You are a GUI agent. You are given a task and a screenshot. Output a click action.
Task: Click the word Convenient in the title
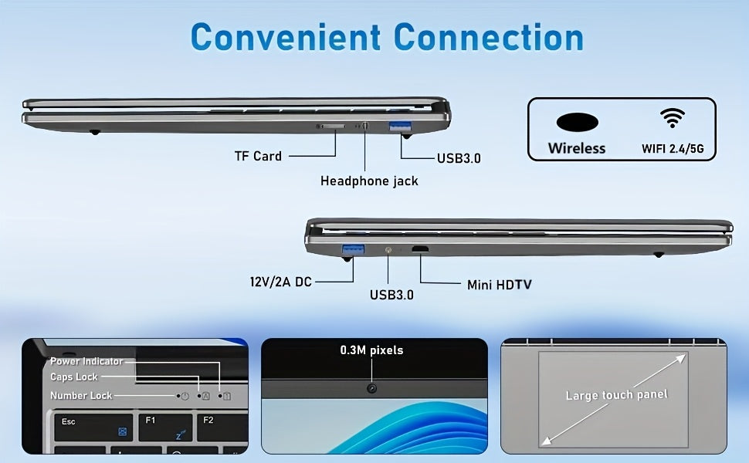[286, 37]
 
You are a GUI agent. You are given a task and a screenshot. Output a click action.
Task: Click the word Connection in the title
[488, 37]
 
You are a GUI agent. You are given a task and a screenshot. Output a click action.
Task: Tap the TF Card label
[258, 156]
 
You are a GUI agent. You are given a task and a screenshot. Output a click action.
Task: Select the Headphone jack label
[369, 181]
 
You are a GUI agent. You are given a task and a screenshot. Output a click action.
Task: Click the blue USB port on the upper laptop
[400, 127]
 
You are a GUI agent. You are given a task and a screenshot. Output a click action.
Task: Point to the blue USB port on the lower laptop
[354, 250]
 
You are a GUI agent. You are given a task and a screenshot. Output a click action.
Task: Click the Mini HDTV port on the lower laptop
[420, 248]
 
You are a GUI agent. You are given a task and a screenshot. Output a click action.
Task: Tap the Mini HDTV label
[499, 285]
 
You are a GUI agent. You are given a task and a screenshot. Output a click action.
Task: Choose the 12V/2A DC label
[281, 282]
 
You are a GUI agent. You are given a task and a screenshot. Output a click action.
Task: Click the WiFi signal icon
[673, 118]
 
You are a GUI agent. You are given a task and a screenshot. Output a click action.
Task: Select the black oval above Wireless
[577, 122]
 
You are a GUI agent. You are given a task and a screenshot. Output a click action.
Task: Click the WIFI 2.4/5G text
[673, 148]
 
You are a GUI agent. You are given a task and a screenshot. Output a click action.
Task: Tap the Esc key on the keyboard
[93, 428]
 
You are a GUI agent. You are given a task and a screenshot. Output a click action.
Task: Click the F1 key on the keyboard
[165, 428]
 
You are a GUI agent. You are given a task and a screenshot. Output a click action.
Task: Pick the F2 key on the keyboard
[222, 428]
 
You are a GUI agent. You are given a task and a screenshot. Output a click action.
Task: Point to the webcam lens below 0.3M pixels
[371, 389]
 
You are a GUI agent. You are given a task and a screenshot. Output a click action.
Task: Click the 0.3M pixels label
[371, 350]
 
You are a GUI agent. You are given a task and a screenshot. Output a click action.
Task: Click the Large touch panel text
[616, 395]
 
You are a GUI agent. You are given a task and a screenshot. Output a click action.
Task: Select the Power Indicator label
[86, 361]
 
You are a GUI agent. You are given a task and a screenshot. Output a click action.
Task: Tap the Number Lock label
[81, 395]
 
